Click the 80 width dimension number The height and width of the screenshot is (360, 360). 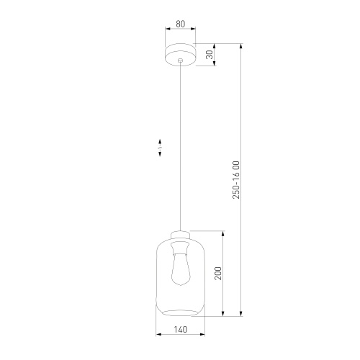coord(180,24)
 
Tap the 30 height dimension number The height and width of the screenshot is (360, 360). coord(210,55)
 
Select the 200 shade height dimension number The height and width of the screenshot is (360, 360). coord(217,274)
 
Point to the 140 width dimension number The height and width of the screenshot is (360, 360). coord(180,329)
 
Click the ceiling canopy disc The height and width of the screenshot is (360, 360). coord(180,55)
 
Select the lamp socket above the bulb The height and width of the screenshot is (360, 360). coord(180,249)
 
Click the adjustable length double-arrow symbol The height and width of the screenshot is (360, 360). coord(161,147)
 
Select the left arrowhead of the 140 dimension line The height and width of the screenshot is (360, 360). coord(158,335)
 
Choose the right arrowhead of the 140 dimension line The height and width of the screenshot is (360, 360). coord(203,335)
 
